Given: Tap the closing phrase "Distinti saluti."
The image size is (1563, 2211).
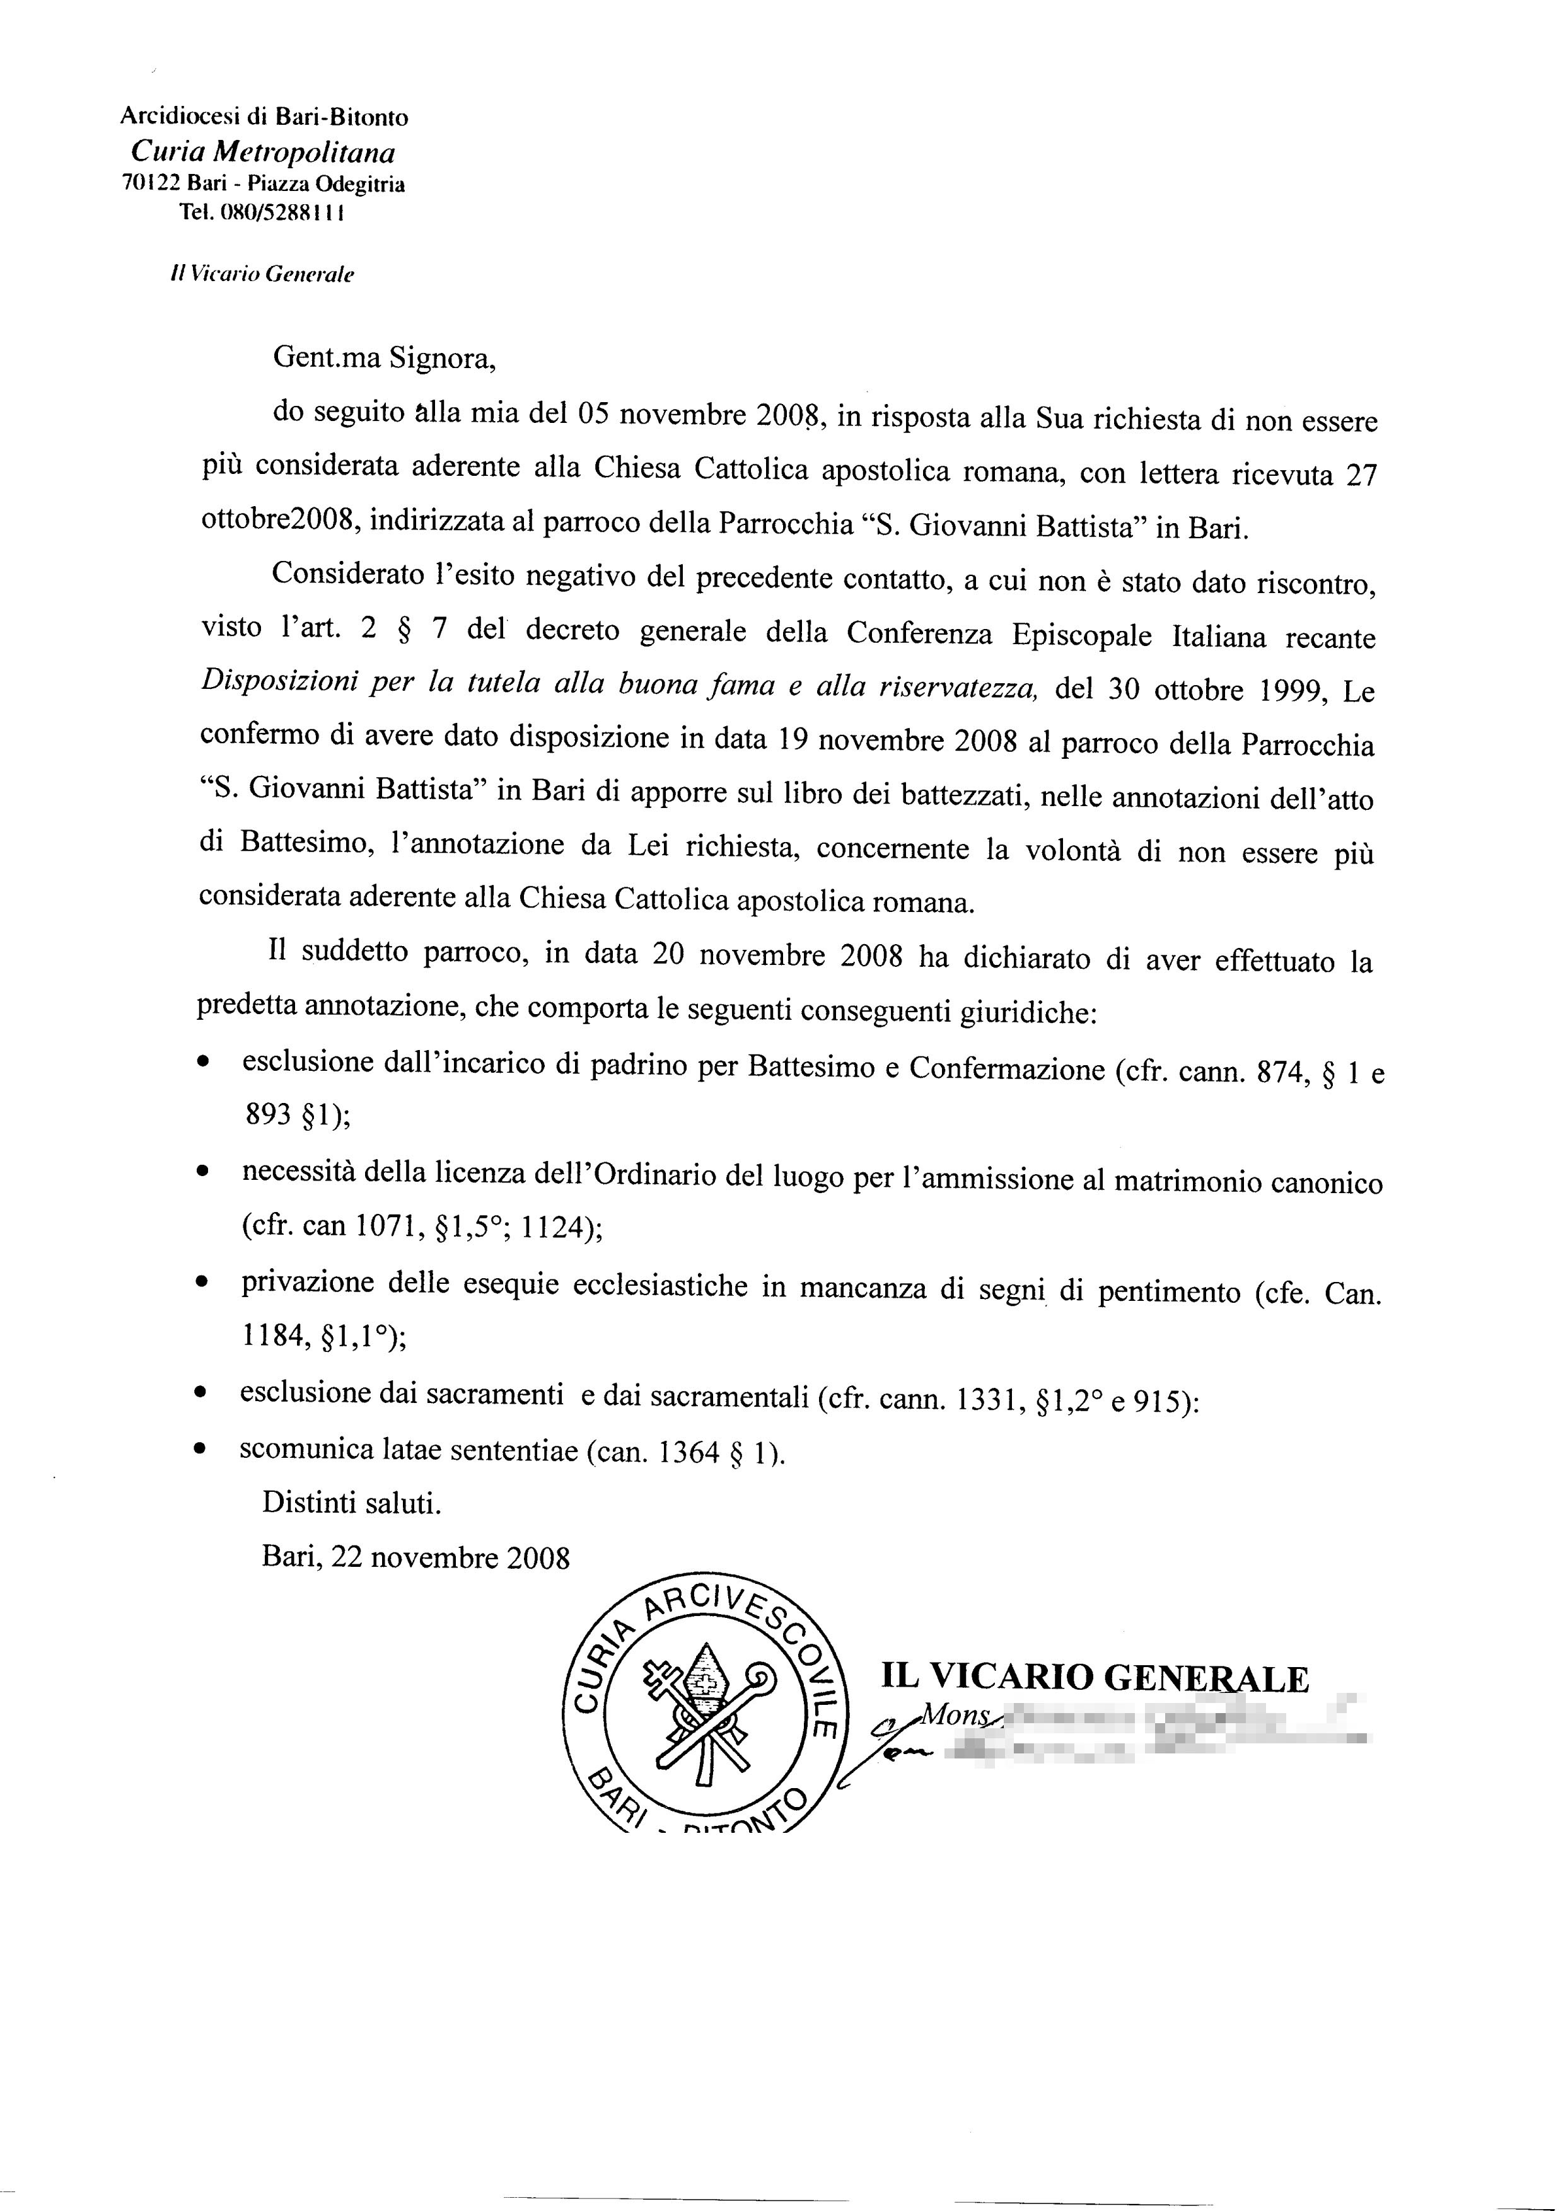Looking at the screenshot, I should point(352,1502).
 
